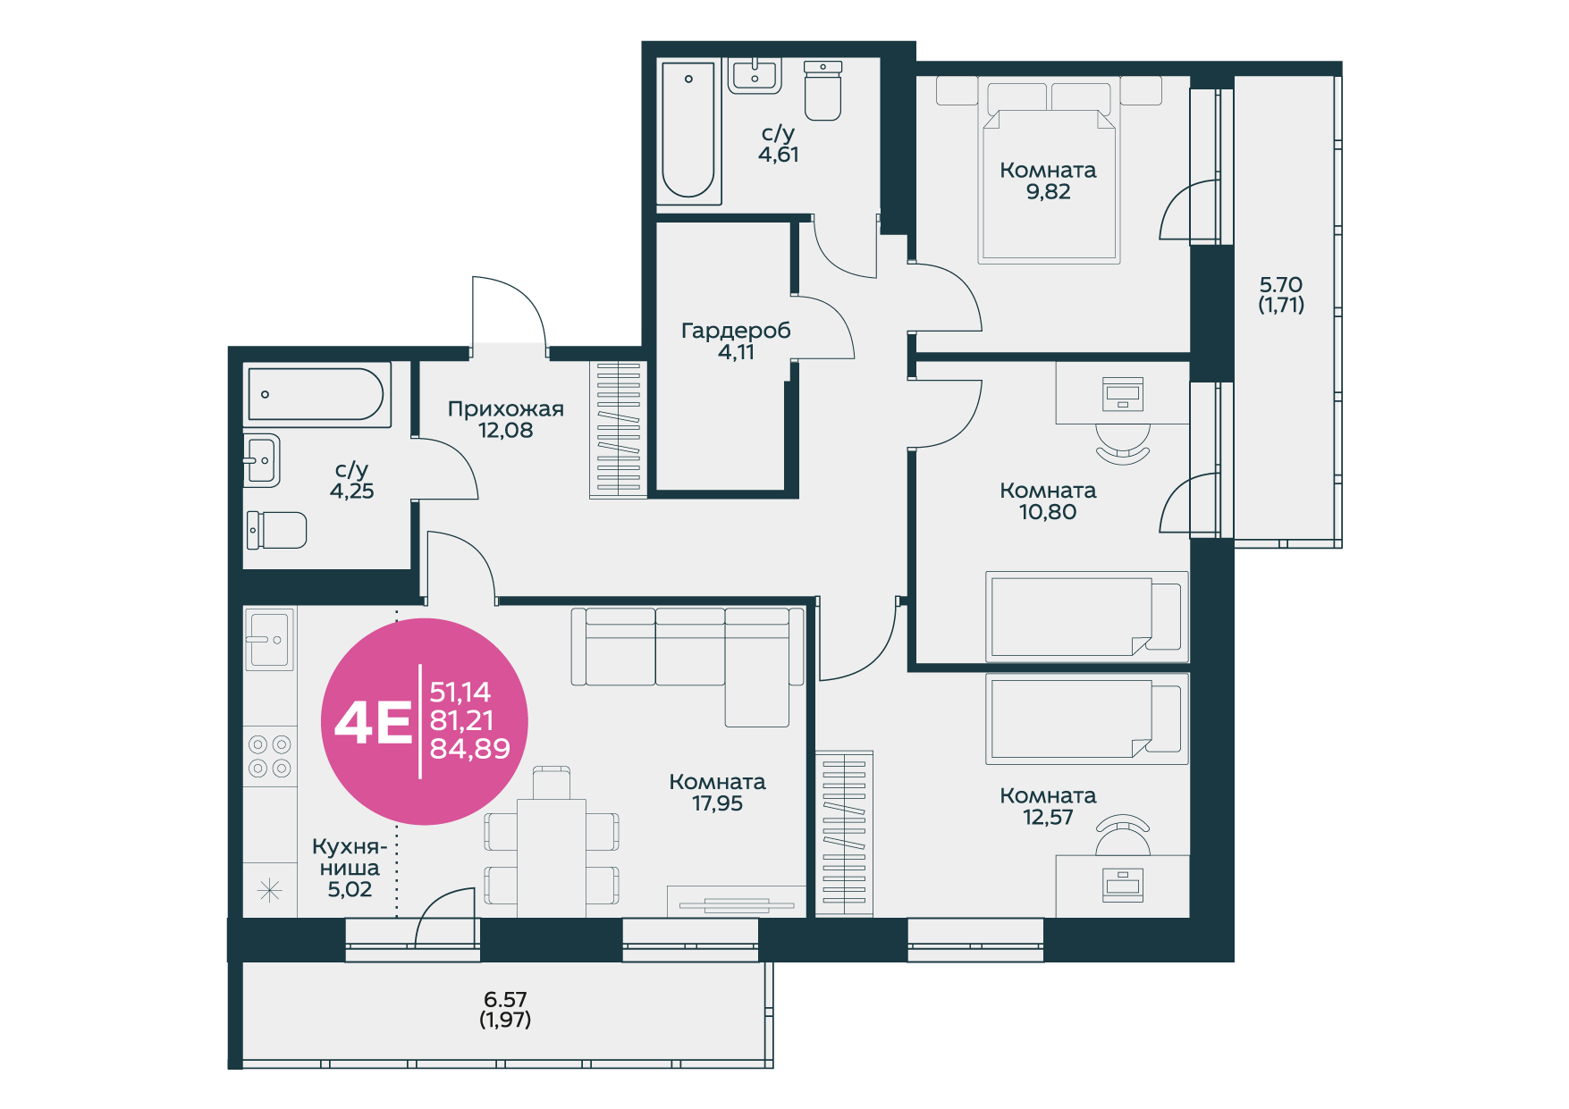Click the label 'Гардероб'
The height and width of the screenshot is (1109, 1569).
pos(736,331)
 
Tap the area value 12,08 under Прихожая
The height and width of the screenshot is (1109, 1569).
pos(505,431)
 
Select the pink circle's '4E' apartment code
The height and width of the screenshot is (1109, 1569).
pos(373,723)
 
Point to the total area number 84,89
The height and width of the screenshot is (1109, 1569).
pos(469,749)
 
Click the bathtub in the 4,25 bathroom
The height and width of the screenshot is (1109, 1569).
pos(317,394)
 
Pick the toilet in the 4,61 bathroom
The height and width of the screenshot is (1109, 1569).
pos(822,90)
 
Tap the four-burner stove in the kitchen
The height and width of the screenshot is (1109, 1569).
pos(270,756)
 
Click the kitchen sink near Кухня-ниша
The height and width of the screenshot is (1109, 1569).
pos(269,639)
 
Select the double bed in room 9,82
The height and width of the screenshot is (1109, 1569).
pos(1049,170)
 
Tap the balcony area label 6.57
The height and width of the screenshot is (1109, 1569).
pos(505,999)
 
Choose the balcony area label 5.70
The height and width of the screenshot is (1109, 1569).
pos(1281,285)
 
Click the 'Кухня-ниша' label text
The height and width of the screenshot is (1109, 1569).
pos(350,857)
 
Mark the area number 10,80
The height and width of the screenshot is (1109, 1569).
pos(1048,512)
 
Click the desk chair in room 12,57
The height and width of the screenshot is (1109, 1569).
pos(1123,835)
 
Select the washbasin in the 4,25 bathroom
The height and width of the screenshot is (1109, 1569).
pos(262,460)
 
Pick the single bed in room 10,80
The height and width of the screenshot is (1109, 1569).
pos(1087,617)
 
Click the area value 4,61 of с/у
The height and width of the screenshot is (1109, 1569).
pos(779,155)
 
